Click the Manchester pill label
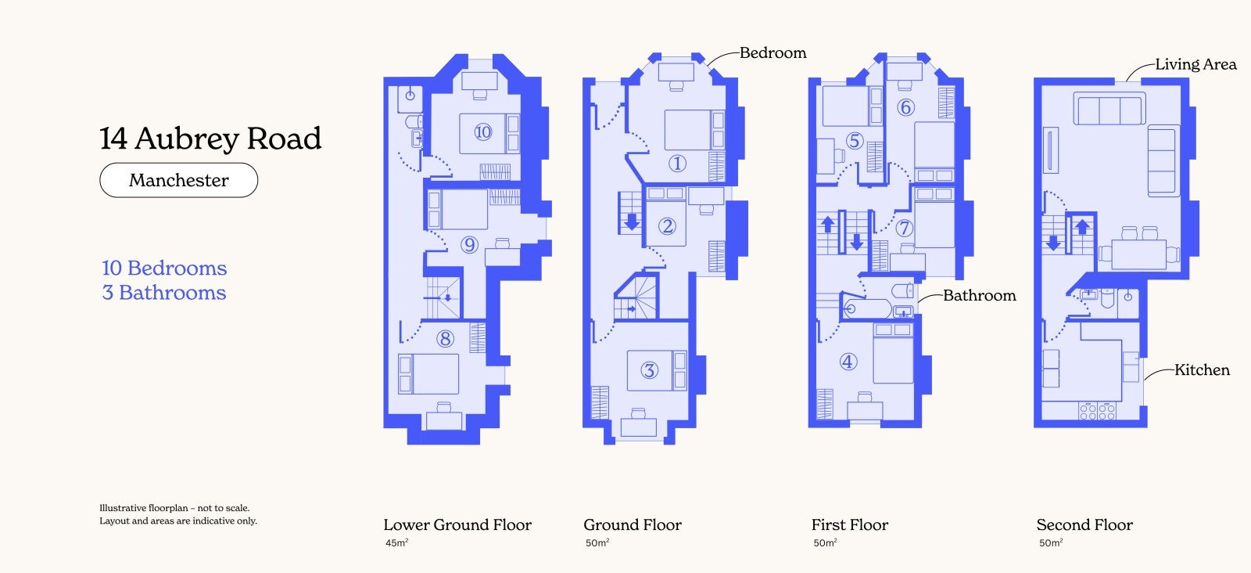(x=179, y=180)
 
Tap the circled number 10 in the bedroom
(x=482, y=132)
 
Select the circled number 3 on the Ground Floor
(x=649, y=370)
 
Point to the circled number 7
(x=904, y=228)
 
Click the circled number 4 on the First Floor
(x=848, y=362)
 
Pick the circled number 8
(x=445, y=339)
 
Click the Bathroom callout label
(x=979, y=295)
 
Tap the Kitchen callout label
(x=1202, y=369)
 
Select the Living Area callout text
(x=1195, y=64)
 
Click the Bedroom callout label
(x=773, y=52)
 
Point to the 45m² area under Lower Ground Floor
(x=396, y=542)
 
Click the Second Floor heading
(x=1084, y=524)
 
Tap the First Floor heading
(x=849, y=524)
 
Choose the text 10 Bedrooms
(x=164, y=268)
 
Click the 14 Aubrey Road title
(x=210, y=138)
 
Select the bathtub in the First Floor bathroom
(x=867, y=308)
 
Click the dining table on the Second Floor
(x=1138, y=254)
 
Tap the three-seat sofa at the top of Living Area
(x=1109, y=110)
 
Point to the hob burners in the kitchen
(x=1098, y=412)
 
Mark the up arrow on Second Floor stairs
(x=1082, y=227)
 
